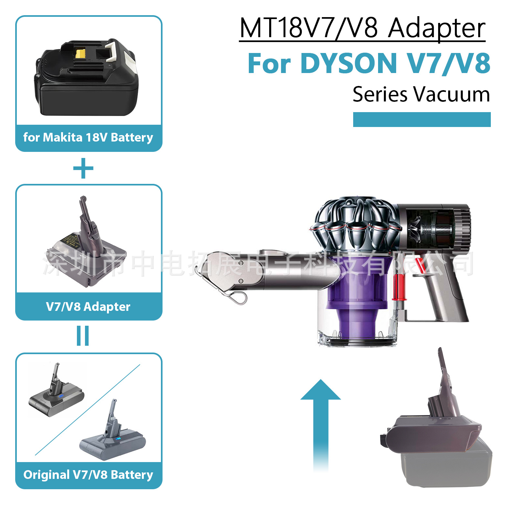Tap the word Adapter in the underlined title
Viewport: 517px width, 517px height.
[437, 28]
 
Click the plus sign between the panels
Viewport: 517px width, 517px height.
[83, 168]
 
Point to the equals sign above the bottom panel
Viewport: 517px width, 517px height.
[83, 336]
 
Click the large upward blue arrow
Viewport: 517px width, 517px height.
[321, 420]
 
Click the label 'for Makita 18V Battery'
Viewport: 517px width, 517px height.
[88, 137]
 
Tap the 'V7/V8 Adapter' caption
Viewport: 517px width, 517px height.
[88, 307]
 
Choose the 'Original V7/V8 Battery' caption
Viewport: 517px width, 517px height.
[88, 475]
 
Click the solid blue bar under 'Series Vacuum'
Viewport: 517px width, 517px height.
[422, 120]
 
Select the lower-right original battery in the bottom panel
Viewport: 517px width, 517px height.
[113, 436]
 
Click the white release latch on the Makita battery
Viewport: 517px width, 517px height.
[115, 52]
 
